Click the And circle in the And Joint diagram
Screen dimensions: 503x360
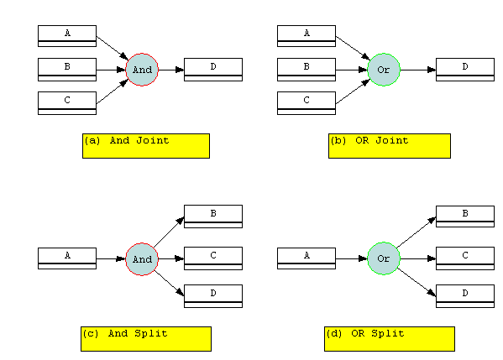pos(142,70)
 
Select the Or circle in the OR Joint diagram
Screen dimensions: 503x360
pos(384,70)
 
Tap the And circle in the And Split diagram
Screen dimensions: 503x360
pos(142,259)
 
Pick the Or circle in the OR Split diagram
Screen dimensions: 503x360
pos(384,258)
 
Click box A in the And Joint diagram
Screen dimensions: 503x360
pos(67,36)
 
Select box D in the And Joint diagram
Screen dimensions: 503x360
pos(213,70)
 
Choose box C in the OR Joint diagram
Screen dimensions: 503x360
pos(307,103)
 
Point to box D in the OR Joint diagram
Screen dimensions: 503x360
pos(465,70)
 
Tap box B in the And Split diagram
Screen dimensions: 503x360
pos(213,217)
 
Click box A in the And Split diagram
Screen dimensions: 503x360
pos(67,258)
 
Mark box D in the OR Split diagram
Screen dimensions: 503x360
pos(465,296)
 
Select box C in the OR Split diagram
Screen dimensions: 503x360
pos(465,258)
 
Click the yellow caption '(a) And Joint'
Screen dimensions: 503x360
pos(146,146)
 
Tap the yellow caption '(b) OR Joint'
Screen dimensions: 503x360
pos(390,146)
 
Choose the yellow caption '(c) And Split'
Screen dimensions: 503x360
pos(146,339)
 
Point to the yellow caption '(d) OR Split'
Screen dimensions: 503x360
pos(390,339)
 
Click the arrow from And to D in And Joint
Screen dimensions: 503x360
pos(171,70)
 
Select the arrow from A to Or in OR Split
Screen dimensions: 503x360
pos(352,258)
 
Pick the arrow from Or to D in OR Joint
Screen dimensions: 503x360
pos(418,70)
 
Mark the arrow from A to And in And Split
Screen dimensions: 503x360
pos(111,258)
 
